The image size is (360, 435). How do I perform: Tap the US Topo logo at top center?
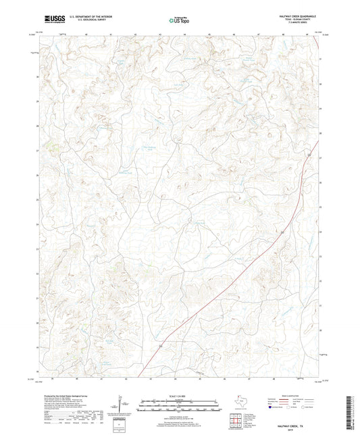[178, 20]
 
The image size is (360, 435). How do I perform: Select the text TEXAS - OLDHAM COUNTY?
[298, 20]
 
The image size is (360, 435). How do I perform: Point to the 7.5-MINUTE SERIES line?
[298, 23]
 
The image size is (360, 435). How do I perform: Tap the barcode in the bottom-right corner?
[348, 413]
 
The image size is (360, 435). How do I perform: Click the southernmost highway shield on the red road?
[161, 346]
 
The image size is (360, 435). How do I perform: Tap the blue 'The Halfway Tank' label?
[149, 148]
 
